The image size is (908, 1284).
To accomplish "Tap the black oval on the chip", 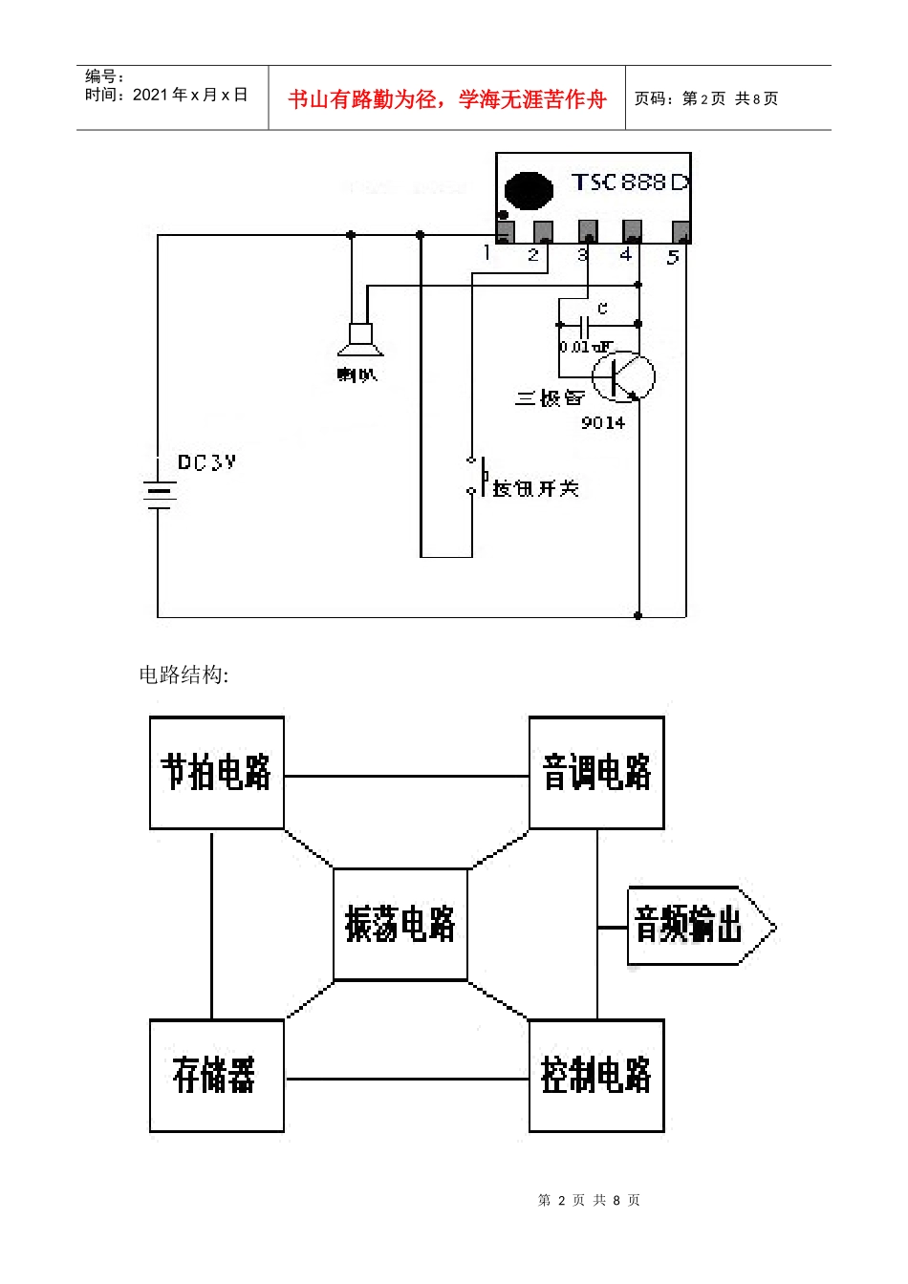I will pyautogui.click(x=528, y=190).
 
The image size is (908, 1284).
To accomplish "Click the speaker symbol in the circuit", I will pyautogui.click(x=360, y=339).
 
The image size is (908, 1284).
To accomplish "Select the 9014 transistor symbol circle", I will pyautogui.click(x=623, y=376).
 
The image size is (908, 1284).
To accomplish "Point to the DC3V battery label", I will pyautogui.click(x=206, y=462).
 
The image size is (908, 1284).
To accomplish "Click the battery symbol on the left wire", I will pyautogui.click(x=159, y=494).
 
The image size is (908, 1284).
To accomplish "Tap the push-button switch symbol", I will pyautogui.click(x=475, y=476).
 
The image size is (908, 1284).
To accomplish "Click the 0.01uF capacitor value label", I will pyautogui.click(x=585, y=347).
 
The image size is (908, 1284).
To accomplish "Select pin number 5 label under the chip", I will pyautogui.click(x=673, y=257).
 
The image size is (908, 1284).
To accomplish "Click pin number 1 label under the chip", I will pyautogui.click(x=487, y=253).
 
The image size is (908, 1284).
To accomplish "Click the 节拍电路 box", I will pyautogui.click(x=217, y=773).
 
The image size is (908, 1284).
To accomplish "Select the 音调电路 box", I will pyautogui.click(x=596, y=773).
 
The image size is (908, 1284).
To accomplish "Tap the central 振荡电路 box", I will pyautogui.click(x=400, y=924).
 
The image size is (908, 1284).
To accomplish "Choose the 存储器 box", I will pyautogui.click(x=217, y=1076).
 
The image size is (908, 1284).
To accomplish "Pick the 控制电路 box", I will pyautogui.click(x=596, y=1076).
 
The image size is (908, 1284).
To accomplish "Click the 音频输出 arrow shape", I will pyautogui.click(x=698, y=926).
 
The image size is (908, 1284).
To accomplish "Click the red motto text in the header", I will pyautogui.click(x=446, y=99).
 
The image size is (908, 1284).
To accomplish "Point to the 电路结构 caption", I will pyautogui.click(x=184, y=674).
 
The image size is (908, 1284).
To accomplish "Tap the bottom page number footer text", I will pyautogui.click(x=589, y=1200).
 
